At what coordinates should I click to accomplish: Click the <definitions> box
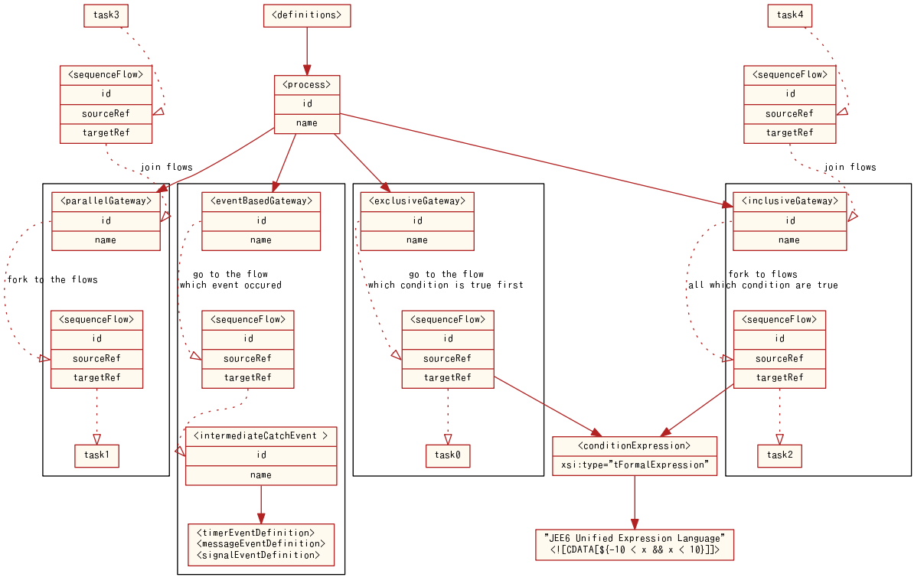coord(306,15)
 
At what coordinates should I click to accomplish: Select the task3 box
coord(106,15)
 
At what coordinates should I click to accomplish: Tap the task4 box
coord(789,15)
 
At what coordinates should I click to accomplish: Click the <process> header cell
coord(306,85)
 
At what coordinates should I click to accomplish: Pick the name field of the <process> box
coord(306,123)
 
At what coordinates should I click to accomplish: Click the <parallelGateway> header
coord(106,201)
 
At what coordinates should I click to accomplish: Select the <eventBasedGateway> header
coord(260,201)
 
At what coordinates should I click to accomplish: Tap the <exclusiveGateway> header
coord(417,201)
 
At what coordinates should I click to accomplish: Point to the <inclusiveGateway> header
coord(789,201)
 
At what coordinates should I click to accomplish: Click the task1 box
coord(96,455)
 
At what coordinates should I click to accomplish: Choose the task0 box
coord(448,455)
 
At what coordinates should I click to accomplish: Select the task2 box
coord(779,455)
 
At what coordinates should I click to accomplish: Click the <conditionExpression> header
coord(634,445)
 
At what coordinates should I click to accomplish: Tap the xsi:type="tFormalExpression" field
coord(634,465)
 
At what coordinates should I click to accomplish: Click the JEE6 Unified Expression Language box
coord(634,544)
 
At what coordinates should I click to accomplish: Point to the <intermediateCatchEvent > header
coord(260,436)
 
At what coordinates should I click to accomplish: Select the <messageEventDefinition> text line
coord(260,543)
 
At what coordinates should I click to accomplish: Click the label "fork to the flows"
coord(53,279)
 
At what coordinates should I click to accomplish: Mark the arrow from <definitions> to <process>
coord(307,51)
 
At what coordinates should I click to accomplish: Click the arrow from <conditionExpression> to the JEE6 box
coord(634,502)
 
